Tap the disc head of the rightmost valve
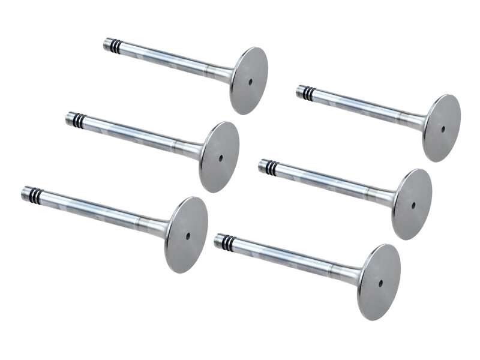coord(441,128)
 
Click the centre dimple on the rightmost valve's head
coord(443,128)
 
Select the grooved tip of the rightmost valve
coord(305,92)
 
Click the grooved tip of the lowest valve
coord(224,241)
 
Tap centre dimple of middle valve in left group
coord(220,158)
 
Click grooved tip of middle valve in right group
coord(268,166)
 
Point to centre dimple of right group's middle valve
coord(413,205)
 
